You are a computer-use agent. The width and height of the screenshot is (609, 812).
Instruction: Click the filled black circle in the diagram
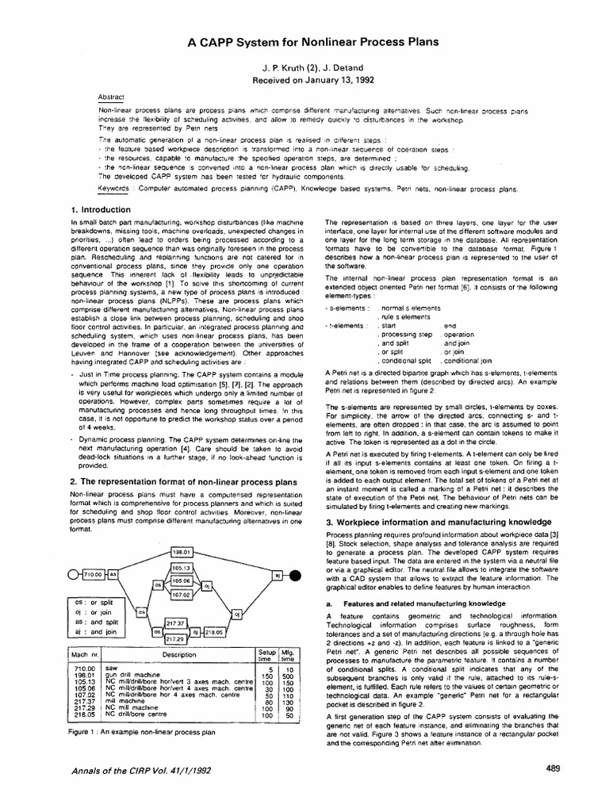pos(294,575)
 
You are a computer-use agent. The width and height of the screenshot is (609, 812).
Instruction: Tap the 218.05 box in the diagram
pos(215,632)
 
